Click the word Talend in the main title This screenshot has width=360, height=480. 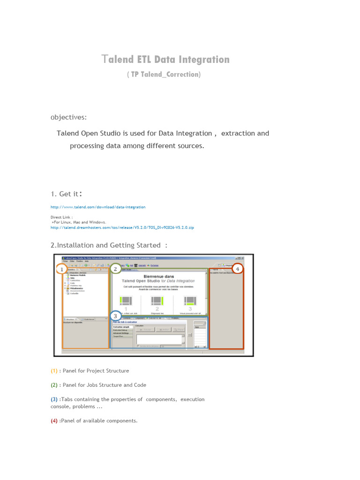pos(118,60)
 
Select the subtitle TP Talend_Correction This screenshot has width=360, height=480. pos(164,75)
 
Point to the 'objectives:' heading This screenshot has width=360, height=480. pos(68,117)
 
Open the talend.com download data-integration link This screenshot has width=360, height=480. pos(98,207)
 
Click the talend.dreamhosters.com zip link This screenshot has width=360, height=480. pos(122,227)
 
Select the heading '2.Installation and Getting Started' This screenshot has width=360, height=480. pos(108,245)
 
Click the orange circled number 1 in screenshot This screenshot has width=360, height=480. pos(61,270)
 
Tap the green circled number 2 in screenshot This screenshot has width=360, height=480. pos(115,269)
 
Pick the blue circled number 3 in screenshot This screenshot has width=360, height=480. pos(115,316)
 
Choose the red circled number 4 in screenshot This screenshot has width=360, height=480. pos(238,269)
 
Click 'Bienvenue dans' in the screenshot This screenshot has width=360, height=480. pos(158,277)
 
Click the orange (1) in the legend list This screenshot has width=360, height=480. pos(54,371)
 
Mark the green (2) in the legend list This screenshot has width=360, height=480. pos(54,385)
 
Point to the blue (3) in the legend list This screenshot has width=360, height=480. pos(54,399)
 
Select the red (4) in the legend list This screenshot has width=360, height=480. pos(54,421)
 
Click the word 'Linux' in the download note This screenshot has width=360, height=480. pos(66,222)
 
